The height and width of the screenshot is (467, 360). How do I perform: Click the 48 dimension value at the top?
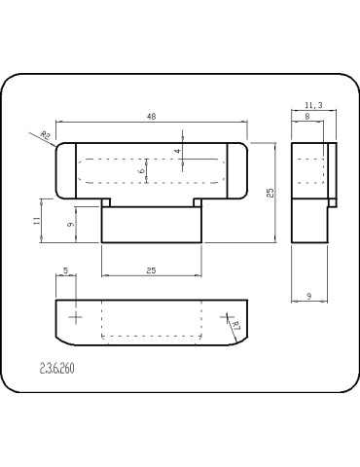coord(152,117)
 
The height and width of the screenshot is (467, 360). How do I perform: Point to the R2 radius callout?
coord(45,135)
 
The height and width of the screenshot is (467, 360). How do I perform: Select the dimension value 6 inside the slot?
coord(142,170)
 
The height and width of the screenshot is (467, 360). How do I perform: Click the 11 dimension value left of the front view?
coord(37,221)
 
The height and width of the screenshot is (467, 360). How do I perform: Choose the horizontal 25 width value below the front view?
coord(151,269)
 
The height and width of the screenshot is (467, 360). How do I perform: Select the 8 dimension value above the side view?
coord(307,116)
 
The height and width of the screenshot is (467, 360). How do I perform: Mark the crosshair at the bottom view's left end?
coord(76,317)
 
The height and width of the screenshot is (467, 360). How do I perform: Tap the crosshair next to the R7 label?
coord(227,316)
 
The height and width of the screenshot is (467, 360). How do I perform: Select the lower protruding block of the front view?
coord(151,224)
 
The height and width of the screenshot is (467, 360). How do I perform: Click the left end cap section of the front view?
coord(65,171)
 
